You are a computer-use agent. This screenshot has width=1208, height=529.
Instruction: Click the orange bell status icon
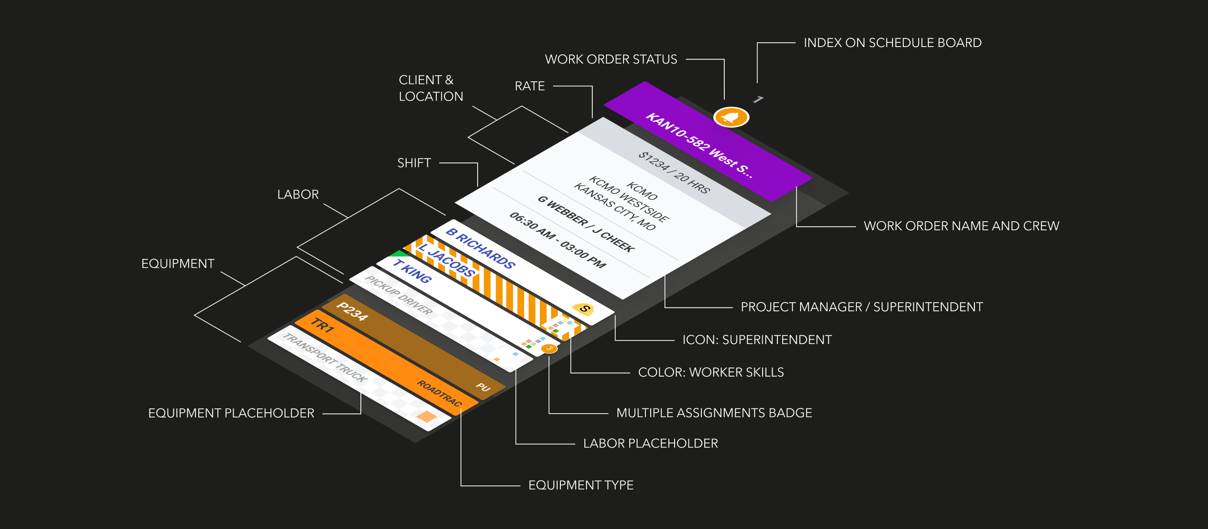coord(731,117)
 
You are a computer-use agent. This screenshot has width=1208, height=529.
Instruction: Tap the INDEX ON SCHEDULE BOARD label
coord(892,43)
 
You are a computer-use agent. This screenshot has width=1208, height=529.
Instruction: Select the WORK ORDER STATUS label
coord(611,59)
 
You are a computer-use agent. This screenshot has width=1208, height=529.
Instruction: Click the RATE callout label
coord(529,86)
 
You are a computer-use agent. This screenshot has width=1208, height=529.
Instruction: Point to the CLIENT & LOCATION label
coord(431,88)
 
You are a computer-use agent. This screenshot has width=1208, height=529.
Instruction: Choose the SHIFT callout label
coord(414,163)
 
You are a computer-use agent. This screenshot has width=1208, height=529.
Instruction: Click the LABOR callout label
coord(298,195)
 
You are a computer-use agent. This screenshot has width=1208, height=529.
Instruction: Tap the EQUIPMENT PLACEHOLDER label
coord(231,413)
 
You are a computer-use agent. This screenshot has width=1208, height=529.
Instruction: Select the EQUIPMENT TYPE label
coord(580,485)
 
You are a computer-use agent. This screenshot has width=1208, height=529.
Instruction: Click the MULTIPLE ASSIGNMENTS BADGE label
coord(714,413)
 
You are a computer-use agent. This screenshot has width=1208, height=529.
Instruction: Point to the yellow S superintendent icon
coord(584,308)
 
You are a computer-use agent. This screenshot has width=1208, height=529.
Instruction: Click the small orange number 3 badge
coord(549,348)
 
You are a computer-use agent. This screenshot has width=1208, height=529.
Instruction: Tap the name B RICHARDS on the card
coord(480,248)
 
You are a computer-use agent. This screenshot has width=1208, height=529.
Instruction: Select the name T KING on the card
coord(412,271)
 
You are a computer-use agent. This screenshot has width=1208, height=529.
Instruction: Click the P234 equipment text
coord(352,312)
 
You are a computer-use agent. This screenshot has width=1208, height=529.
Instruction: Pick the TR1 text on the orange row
coord(322,325)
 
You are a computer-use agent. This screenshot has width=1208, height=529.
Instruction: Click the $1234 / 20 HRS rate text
coord(674,172)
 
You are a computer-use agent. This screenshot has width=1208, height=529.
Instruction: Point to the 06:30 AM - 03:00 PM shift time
coord(557,239)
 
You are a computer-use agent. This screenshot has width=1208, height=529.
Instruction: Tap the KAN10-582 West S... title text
coord(699,145)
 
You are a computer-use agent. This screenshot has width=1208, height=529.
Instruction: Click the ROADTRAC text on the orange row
coord(439,393)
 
